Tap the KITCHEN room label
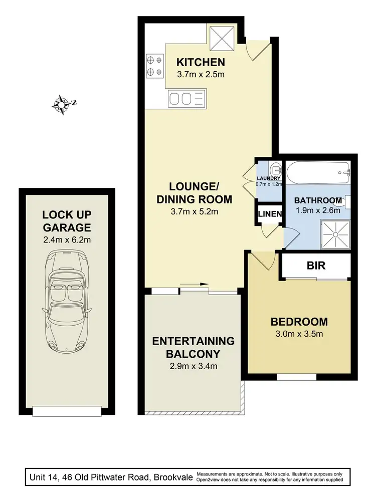point(200,63)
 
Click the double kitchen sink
point(186,98)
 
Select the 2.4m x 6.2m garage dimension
point(66,239)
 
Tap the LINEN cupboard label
point(270,214)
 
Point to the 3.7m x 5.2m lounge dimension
point(194,211)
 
